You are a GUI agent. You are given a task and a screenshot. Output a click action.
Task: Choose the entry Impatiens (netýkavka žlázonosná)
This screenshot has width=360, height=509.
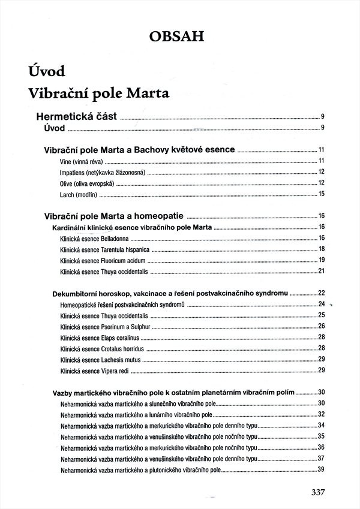coord(103,172)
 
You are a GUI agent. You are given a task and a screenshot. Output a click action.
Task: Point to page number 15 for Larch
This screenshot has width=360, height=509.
coord(321,194)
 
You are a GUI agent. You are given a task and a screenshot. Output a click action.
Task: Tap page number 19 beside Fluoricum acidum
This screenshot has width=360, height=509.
coord(321,260)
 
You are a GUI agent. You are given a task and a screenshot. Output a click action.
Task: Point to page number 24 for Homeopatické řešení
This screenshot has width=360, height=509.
coord(321,305)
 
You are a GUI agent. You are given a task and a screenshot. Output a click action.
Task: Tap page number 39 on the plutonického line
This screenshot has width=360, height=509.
coord(321,469)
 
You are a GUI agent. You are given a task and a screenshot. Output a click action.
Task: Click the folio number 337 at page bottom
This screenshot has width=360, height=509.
coord(318,492)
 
